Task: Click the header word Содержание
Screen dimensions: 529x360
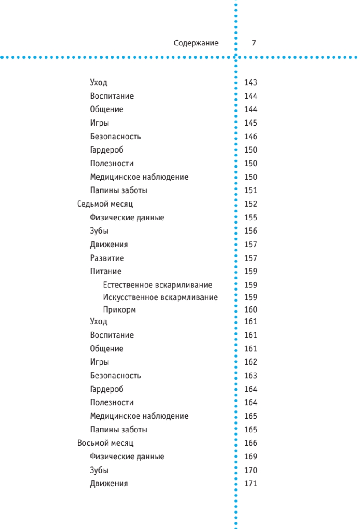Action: pos(196,43)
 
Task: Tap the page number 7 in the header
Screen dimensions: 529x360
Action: pos(254,43)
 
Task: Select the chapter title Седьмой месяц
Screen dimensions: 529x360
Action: pos(105,204)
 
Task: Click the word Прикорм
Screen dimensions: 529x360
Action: pos(119,310)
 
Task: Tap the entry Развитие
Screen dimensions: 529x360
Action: pos(107,258)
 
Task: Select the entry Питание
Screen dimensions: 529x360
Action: pos(106,271)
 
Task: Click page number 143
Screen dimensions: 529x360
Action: pos(251,82)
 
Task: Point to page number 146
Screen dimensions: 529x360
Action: pos(251,137)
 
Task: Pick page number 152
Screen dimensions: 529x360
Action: pos(251,204)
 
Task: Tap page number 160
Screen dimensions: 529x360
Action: pos(251,310)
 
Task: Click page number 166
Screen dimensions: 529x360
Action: pos(251,443)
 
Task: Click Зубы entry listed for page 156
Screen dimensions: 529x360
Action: pos(99,231)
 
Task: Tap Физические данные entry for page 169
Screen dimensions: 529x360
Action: pos(127,457)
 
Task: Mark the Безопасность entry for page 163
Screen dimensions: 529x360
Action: pos(115,376)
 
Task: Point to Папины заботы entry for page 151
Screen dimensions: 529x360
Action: pos(119,191)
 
